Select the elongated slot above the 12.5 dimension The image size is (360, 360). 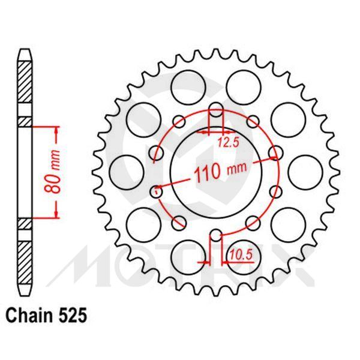tap(216, 112)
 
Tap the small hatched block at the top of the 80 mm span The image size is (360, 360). tap(23, 121)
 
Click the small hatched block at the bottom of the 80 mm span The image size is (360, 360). tap(23, 223)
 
